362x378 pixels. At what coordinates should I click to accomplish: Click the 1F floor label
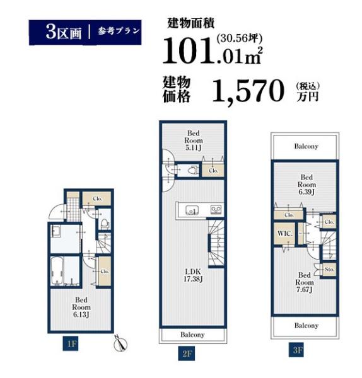(x=71, y=343)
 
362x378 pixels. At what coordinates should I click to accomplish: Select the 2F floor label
(x=186, y=353)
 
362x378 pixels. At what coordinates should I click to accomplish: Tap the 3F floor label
(x=296, y=350)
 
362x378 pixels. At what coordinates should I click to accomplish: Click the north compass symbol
(x=120, y=343)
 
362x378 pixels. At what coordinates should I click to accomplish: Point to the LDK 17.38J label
(x=193, y=275)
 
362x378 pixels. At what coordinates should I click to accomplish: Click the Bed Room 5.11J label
(x=194, y=140)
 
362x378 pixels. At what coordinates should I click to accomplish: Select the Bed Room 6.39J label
(x=307, y=185)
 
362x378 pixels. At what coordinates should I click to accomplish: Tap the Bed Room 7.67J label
(x=305, y=282)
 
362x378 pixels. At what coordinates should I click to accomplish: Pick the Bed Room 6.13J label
(x=81, y=307)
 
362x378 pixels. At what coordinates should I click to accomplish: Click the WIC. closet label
(x=285, y=233)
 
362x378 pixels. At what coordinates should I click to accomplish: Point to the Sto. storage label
(x=329, y=269)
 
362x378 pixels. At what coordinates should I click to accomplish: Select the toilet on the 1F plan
(x=105, y=224)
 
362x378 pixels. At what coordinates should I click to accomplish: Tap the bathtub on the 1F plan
(x=57, y=271)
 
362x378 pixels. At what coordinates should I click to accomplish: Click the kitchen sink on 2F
(x=192, y=210)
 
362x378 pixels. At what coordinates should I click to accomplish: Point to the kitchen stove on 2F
(x=216, y=210)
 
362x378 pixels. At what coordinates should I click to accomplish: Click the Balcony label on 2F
(x=192, y=335)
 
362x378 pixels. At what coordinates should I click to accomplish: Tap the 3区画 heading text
(x=64, y=32)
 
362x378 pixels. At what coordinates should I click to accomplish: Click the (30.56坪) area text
(x=240, y=38)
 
